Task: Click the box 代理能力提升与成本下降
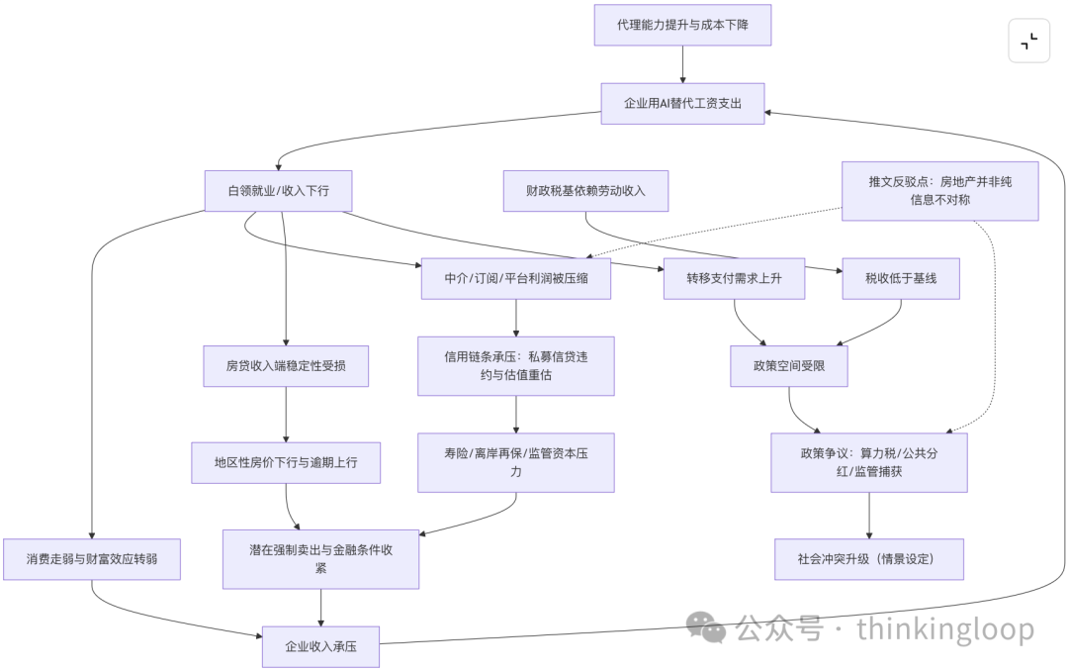click(682, 24)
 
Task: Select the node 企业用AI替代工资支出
click(682, 103)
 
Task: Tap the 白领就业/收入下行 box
click(278, 191)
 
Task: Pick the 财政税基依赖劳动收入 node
click(585, 191)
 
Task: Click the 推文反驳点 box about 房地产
click(939, 191)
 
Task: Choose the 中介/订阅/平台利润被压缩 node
click(516, 278)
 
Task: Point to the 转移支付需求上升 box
click(734, 278)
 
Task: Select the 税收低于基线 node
click(900, 278)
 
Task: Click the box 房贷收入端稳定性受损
click(286, 366)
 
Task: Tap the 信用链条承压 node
click(516, 366)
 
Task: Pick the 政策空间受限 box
click(789, 366)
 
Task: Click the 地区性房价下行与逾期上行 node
click(286, 462)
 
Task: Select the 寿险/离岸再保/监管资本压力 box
click(516, 462)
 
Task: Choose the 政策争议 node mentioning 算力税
click(869, 462)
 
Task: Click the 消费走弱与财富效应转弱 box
click(91, 559)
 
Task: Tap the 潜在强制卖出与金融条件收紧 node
click(321, 559)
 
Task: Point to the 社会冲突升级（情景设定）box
click(869, 559)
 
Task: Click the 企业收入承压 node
click(320, 646)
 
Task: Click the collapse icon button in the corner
click(1028, 41)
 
